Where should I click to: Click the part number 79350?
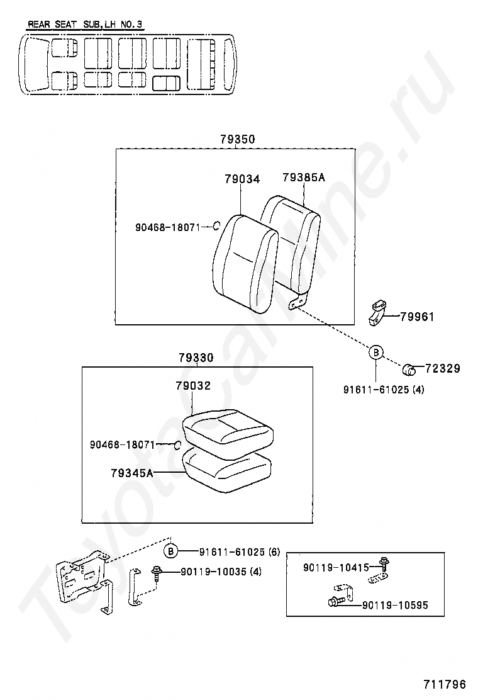238,139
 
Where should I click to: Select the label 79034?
242,179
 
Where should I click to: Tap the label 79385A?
304,178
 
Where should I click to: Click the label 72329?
442,368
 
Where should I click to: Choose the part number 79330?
196,358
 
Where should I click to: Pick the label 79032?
193,386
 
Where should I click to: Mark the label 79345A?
132,472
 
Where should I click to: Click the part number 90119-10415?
336,567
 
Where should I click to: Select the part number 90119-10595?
395,605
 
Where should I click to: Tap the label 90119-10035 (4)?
220,572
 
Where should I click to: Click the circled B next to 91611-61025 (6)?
171,552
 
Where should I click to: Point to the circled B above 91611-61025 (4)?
375,353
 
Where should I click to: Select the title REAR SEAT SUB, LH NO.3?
85,25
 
